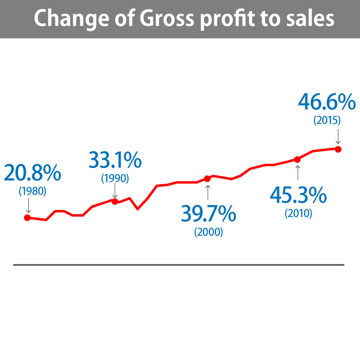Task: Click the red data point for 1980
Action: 27,217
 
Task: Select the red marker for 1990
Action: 115,201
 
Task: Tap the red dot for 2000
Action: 208,178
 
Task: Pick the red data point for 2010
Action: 298,159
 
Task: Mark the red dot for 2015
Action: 338,149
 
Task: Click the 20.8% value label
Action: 32,173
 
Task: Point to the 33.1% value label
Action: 115,160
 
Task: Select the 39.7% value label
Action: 208,214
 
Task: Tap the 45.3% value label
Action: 298,194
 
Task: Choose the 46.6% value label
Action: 327,101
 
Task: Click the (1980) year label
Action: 32,191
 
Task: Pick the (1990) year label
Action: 115,178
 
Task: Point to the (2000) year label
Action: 208,232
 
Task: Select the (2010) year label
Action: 298,212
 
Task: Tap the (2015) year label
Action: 327,119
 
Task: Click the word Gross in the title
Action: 166,18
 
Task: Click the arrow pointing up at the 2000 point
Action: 208,192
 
